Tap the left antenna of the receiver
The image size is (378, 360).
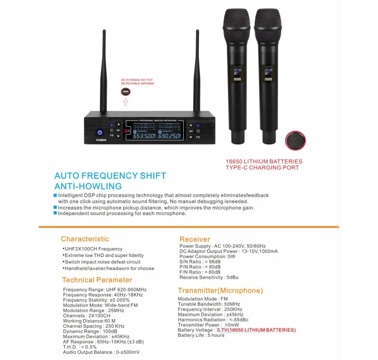point(103,73)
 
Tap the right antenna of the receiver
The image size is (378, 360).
point(197,73)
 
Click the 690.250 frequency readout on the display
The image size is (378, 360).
point(169,136)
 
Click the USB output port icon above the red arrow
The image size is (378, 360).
point(125,92)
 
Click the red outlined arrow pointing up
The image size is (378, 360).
point(125,102)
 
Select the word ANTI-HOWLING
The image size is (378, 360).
point(88,186)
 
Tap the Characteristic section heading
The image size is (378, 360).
point(85,239)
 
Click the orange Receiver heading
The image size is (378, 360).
point(195,239)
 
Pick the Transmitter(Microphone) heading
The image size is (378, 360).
point(221,291)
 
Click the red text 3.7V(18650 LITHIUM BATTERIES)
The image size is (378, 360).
point(256,330)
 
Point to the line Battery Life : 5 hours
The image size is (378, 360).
point(201,335)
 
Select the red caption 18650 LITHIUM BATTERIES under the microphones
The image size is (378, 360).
point(264,161)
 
